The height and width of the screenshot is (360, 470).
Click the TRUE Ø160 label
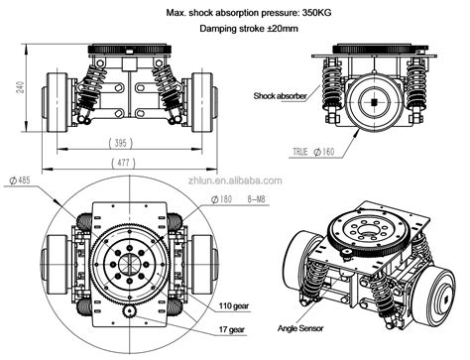[314, 152]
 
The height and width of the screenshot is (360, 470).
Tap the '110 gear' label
[233, 306]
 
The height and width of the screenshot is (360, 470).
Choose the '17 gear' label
[230, 328]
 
